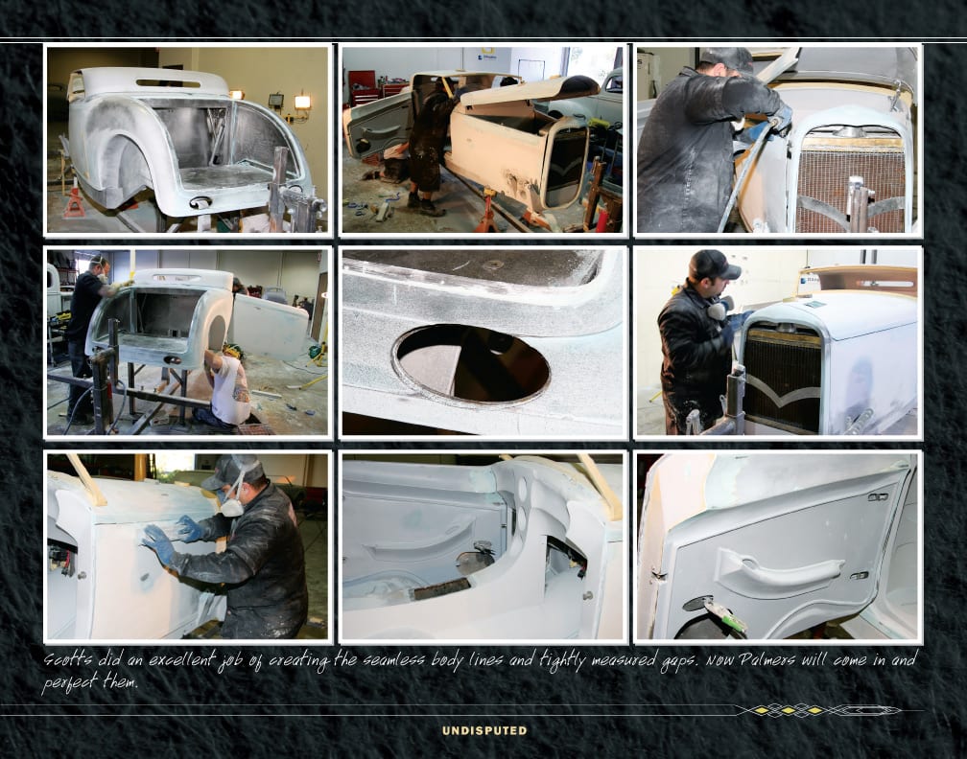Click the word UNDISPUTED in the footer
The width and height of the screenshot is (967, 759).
click(x=484, y=730)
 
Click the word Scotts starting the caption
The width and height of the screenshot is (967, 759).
click(x=68, y=660)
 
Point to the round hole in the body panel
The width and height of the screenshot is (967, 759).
click(x=471, y=364)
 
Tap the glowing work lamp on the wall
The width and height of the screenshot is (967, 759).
click(x=302, y=102)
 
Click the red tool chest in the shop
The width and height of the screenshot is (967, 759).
click(x=362, y=87)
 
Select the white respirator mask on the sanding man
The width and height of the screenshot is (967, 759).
click(x=232, y=506)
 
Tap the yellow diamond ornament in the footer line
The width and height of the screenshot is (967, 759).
click(x=789, y=710)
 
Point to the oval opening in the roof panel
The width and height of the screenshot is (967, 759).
click(x=169, y=82)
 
